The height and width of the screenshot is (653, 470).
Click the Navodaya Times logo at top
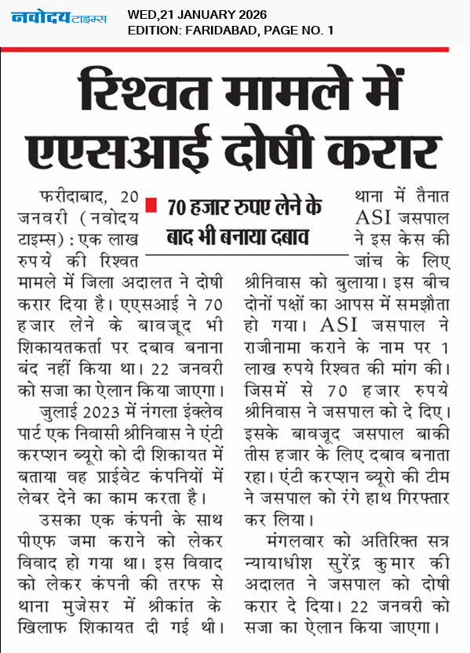(59, 17)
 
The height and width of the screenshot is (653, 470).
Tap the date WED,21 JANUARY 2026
(197, 14)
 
